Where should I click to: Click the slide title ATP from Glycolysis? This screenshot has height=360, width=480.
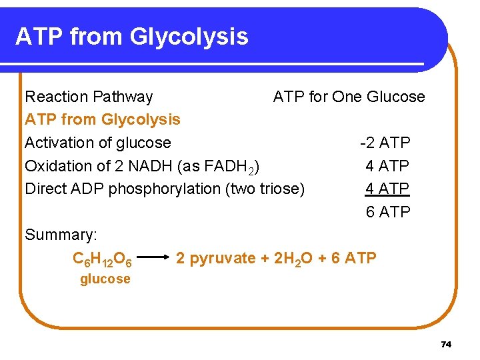point(131,36)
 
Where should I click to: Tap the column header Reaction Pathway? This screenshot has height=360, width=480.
point(89,97)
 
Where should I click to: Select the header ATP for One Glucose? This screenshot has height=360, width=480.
point(349,97)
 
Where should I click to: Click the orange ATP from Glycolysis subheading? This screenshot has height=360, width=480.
point(103,119)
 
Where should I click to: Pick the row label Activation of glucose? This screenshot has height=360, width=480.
point(98,143)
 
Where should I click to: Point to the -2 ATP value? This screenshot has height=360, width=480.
point(385,143)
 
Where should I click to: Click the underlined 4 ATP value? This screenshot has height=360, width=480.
point(387,189)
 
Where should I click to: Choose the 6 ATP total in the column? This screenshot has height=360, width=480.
point(387,212)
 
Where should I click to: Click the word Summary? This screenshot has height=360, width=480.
point(61,235)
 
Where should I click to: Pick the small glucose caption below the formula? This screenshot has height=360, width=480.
point(105,279)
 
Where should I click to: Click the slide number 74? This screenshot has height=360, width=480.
point(447,344)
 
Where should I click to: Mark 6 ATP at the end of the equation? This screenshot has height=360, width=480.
point(353,258)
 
